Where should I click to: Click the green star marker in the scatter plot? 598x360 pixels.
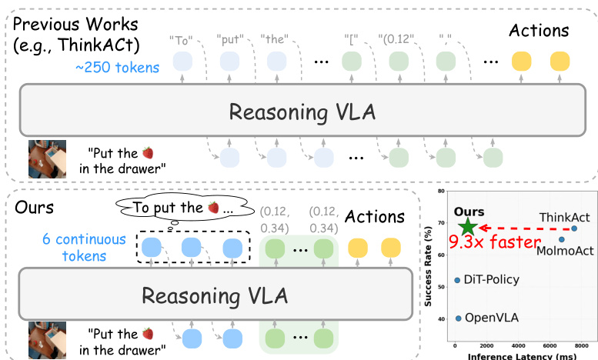tap(467, 227)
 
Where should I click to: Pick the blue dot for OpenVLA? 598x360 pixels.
tap(459, 318)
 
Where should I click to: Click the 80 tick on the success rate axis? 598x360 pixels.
tap(441, 190)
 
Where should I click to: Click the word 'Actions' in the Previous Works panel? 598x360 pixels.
tap(539, 31)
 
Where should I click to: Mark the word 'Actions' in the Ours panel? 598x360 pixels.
tap(373, 218)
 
